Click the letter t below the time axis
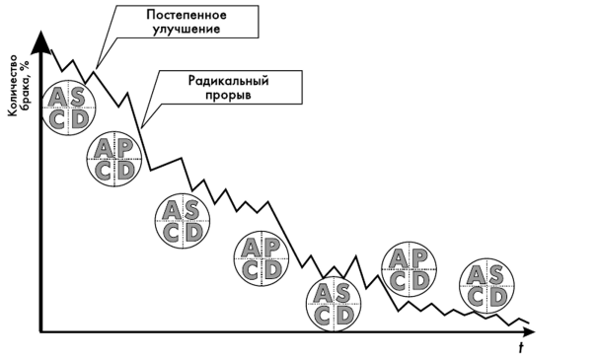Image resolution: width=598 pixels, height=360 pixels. pyautogui.click(x=520, y=346)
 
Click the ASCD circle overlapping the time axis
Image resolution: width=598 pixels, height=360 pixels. pyautogui.click(x=336, y=305)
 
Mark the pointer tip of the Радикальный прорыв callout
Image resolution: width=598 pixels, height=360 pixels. pyautogui.click(x=142, y=126)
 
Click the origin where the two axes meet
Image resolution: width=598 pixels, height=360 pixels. pyautogui.click(x=40, y=328)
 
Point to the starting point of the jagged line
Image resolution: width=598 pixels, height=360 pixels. pyautogui.click(x=49, y=49)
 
